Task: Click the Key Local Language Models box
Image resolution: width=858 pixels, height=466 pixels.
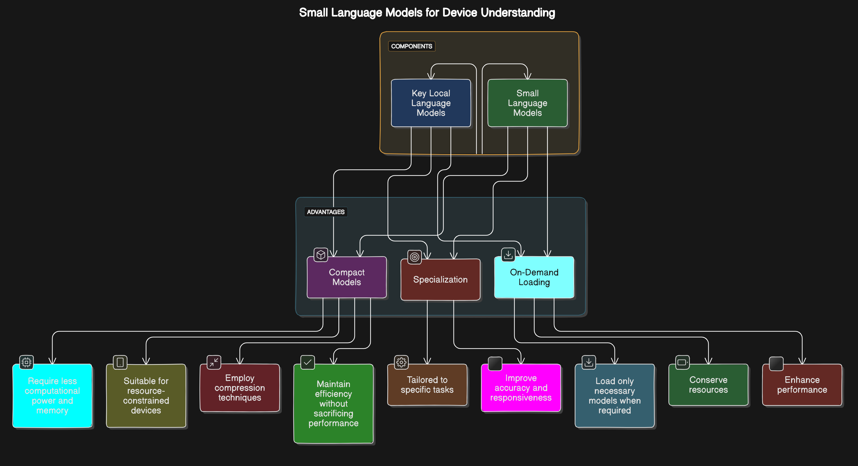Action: tap(431, 103)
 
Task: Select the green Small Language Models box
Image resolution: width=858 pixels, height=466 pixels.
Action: tap(527, 103)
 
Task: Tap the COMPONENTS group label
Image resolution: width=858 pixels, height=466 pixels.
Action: tap(411, 46)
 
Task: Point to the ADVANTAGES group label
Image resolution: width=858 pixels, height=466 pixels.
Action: tap(325, 212)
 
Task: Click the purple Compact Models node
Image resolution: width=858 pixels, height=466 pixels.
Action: tap(346, 277)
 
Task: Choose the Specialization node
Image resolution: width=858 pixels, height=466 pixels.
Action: tap(440, 279)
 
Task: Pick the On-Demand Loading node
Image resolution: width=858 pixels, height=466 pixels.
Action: tap(534, 277)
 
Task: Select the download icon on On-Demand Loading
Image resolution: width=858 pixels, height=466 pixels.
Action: tap(508, 255)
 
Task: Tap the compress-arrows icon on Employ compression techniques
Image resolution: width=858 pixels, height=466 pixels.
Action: tap(214, 362)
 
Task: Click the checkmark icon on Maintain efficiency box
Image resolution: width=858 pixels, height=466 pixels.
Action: tap(307, 362)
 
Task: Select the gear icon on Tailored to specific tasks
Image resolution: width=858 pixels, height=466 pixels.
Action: tap(401, 362)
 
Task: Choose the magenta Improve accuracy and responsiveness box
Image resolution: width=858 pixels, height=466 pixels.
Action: tap(521, 388)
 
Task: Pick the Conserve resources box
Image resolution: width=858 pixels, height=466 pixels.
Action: tap(708, 385)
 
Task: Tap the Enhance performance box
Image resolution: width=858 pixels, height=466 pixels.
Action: tap(802, 385)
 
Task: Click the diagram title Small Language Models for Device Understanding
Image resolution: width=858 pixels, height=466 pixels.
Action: tap(427, 13)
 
